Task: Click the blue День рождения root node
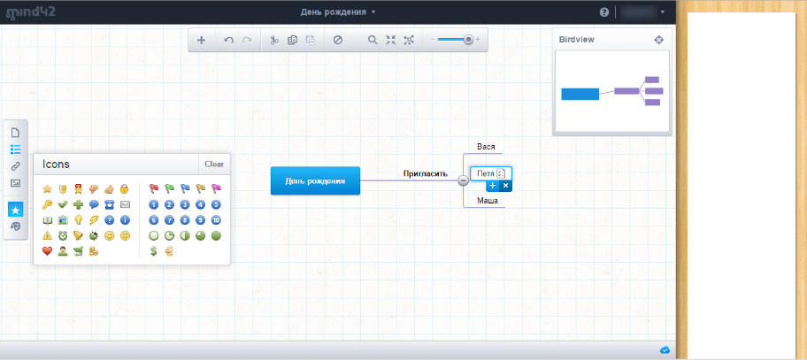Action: pos(316,180)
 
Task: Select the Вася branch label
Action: pos(486,146)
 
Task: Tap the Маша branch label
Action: pos(488,200)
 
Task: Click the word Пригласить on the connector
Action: pos(425,173)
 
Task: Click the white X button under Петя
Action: pos(505,186)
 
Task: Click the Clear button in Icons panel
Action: pos(214,164)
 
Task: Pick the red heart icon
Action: pos(48,251)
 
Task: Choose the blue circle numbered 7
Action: pos(169,220)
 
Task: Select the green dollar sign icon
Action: pos(153,251)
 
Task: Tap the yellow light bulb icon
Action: pos(78,220)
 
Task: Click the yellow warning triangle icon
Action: pos(48,235)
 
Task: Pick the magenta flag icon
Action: pos(216,188)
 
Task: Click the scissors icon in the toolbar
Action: pos(274,40)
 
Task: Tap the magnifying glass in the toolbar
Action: pos(373,40)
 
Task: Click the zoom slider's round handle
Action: pos(468,39)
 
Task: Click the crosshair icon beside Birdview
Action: pos(658,40)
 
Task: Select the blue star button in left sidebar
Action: pos(15,210)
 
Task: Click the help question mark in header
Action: pos(604,12)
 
